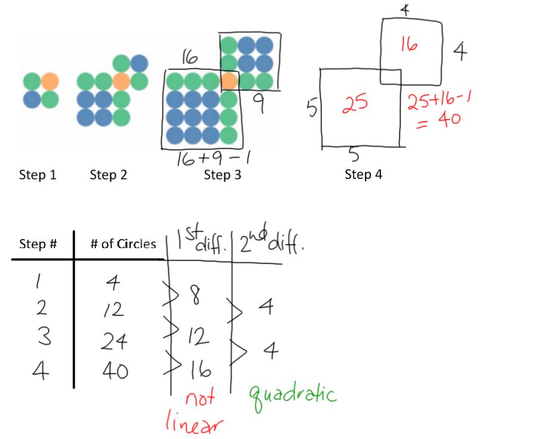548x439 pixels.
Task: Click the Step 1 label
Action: [x=37, y=175]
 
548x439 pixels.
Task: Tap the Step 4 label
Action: [x=363, y=175]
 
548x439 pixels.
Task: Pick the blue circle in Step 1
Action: [x=32, y=98]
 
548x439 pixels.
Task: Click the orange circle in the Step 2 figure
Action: [x=122, y=81]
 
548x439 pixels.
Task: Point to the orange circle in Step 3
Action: [x=228, y=81]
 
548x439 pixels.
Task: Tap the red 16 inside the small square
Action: [x=409, y=45]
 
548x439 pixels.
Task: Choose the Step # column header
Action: [x=38, y=244]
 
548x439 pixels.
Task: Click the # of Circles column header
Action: [x=123, y=244]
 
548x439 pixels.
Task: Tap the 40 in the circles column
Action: [x=113, y=371]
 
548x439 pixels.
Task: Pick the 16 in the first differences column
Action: [x=200, y=371]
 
